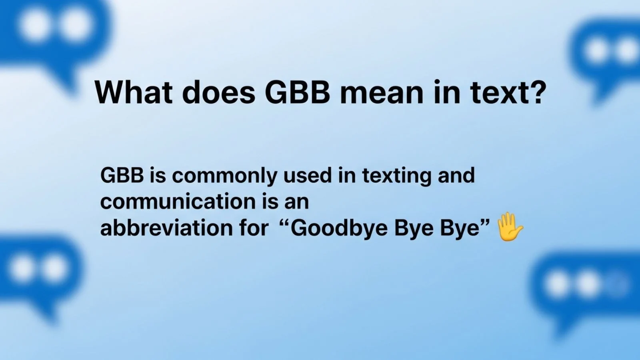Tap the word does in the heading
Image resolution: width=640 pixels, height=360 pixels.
pos(219,92)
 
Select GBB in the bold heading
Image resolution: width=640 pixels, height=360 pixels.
pos(297,92)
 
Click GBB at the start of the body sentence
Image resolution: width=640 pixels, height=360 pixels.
pos(122,175)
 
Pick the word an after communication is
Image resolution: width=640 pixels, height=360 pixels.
pos(296,202)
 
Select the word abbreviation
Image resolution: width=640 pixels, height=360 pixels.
pos(165,228)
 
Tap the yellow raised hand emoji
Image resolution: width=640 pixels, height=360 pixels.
pos(509,227)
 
